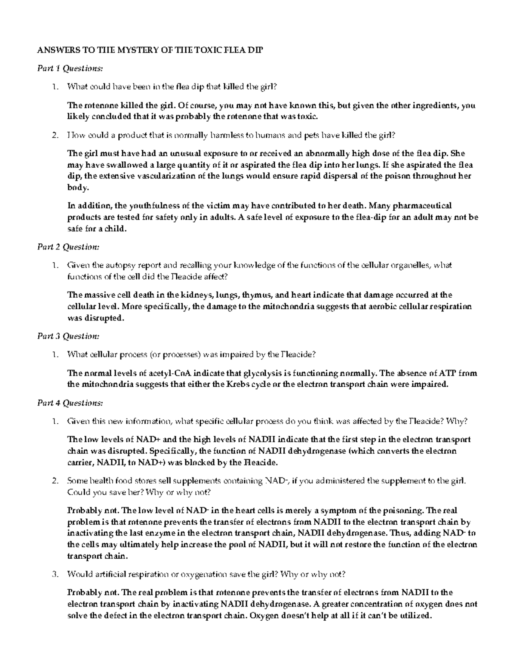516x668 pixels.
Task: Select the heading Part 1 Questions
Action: (x=70, y=68)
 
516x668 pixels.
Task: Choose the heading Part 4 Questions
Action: (x=70, y=403)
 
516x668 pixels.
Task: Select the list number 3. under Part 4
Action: (x=54, y=574)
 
